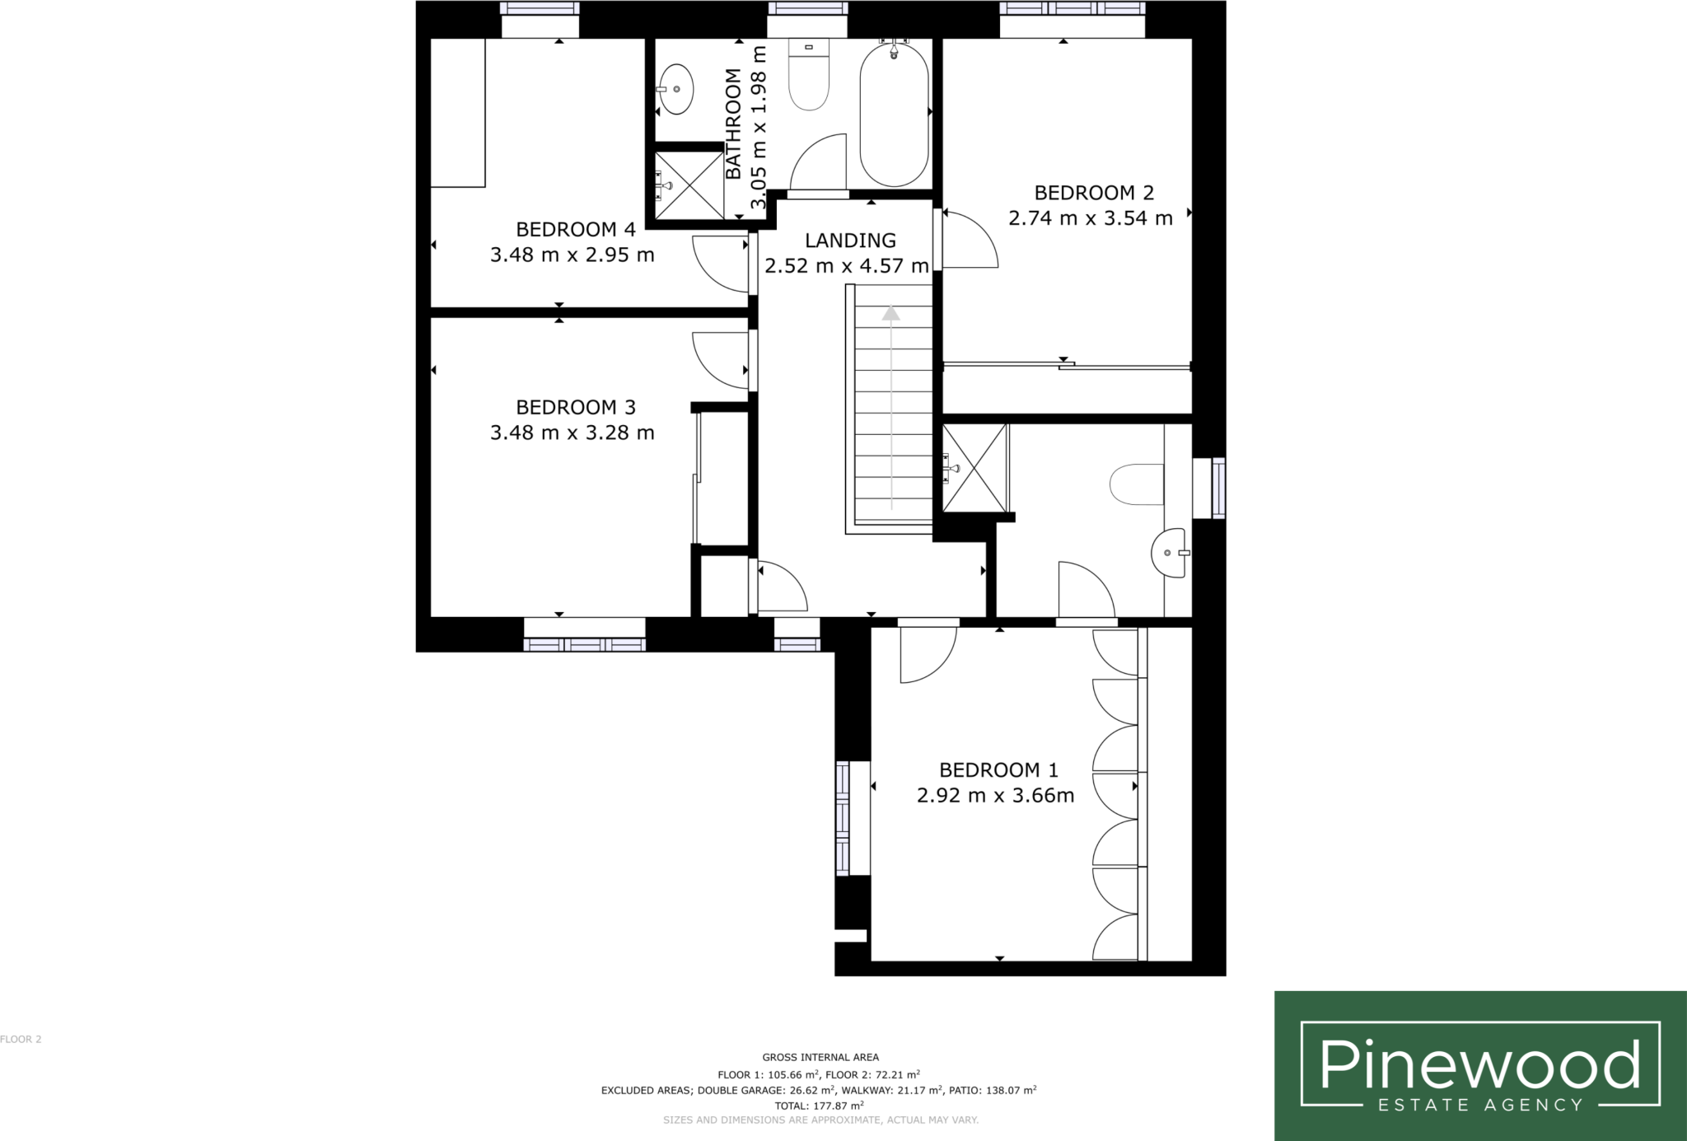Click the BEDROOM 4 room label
tap(576, 229)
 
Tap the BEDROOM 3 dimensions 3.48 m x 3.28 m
tap(572, 433)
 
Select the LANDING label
tap(850, 241)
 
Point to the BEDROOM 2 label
tap(1094, 193)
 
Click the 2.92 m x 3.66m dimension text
tap(995, 796)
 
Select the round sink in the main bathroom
tap(675, 89)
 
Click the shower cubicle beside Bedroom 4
tap(689, 185)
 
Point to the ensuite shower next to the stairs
tap(975, 468)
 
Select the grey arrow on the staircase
tap(890, 408)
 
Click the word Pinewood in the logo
tap(1479, 1064)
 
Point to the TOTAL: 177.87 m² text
tap(820, 1106)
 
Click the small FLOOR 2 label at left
tap(21, 1040)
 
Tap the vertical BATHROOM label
tap(733, 124)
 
